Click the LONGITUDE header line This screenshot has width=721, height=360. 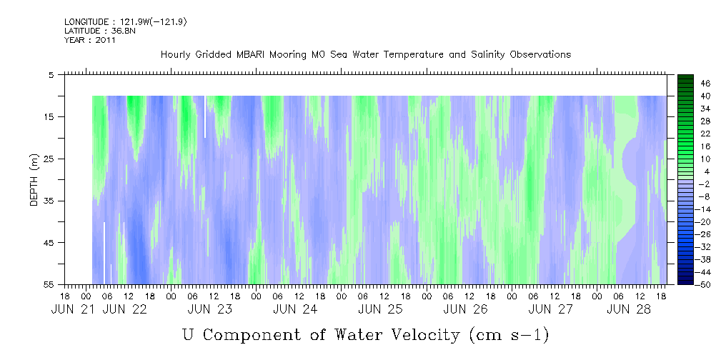pyautogui.click(x=126, y=21)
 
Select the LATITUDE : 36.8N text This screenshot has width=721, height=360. pyautogui.click(x=100, y=31)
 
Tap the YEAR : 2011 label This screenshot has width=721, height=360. pyautogui.click(x=90, y=40)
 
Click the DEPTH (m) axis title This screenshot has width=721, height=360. pyautogui.click(x=34, y=180)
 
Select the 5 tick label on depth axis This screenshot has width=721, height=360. pyautogui.click(x=51, y=74)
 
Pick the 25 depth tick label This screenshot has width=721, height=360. pyautogui.click(x=48, y=159)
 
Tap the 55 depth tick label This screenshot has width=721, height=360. pyautogui.click(x=48, y=284)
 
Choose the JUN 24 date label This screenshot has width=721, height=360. pyautogui.click(x=295, y=309)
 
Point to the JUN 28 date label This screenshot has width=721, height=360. pyautogui.click(x=630, y=309)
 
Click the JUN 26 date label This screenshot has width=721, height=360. pyautogui.click(x=466, y=309)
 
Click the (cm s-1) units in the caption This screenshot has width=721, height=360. pyautogui.click(x=509, y=335)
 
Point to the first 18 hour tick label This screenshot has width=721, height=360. pyautogui.click(x=65, y=296)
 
